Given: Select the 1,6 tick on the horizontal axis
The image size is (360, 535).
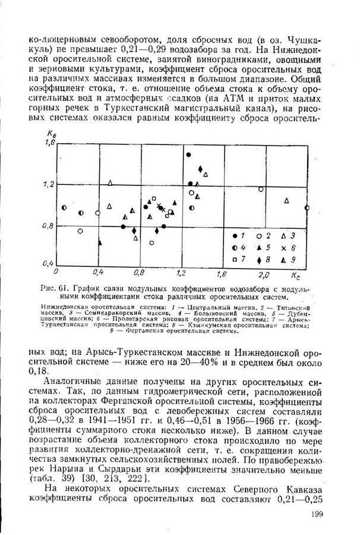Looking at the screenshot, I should [223, 275].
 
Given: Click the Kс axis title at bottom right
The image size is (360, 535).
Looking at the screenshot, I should [295, 276].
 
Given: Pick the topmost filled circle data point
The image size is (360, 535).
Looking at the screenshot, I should [189, 155].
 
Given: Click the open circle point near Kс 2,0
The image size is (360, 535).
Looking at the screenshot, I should [261, 189].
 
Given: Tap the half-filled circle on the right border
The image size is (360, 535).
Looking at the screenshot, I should [307, 207].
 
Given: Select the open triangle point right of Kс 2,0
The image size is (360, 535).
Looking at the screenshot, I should [287, 201].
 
